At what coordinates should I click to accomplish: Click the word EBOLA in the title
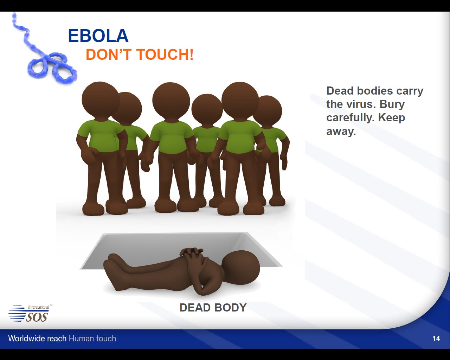(x=98, y=36)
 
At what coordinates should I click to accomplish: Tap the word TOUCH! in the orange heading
(x=165, y=54)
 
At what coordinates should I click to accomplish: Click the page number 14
(x=436, y=339)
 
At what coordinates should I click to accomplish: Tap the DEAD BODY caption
(x=213, y=308)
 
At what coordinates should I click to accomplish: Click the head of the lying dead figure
(x=241, y=267)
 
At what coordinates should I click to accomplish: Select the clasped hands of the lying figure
(x=191, y=256)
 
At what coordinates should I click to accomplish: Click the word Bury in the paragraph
(x=392, y=104)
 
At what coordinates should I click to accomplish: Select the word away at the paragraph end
(x=341, y=131)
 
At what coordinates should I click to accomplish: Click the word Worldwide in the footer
(x=37, y=339)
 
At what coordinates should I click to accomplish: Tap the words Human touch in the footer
(x=92, y=339)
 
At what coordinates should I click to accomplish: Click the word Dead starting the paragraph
(x=340, y=91)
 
